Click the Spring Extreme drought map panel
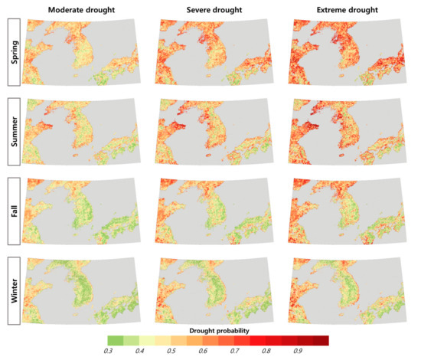click(348, 54)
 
